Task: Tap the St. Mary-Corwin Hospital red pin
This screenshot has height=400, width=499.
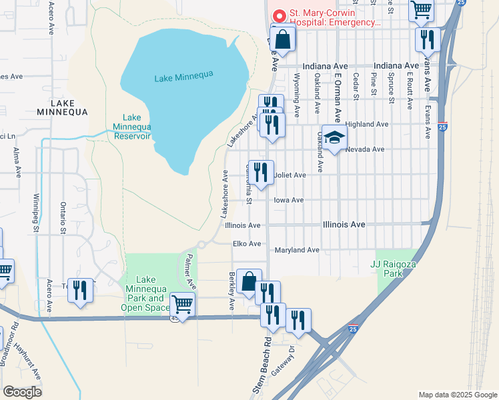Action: [x=278, y=14]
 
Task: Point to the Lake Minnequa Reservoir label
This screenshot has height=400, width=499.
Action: [x=132, y=127]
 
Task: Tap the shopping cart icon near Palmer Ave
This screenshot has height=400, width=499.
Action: [x=183, y=305]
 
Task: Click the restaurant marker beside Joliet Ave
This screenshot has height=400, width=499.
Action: [x=260, y=173]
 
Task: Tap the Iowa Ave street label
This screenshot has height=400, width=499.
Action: [x=288, y=200]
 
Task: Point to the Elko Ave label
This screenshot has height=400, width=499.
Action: [x=247, y=244]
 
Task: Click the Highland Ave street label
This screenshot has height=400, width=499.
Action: [x=366, y=124]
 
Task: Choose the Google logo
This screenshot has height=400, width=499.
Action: [x=22, y=391]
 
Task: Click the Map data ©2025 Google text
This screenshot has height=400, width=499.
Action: [x=457, y=395]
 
